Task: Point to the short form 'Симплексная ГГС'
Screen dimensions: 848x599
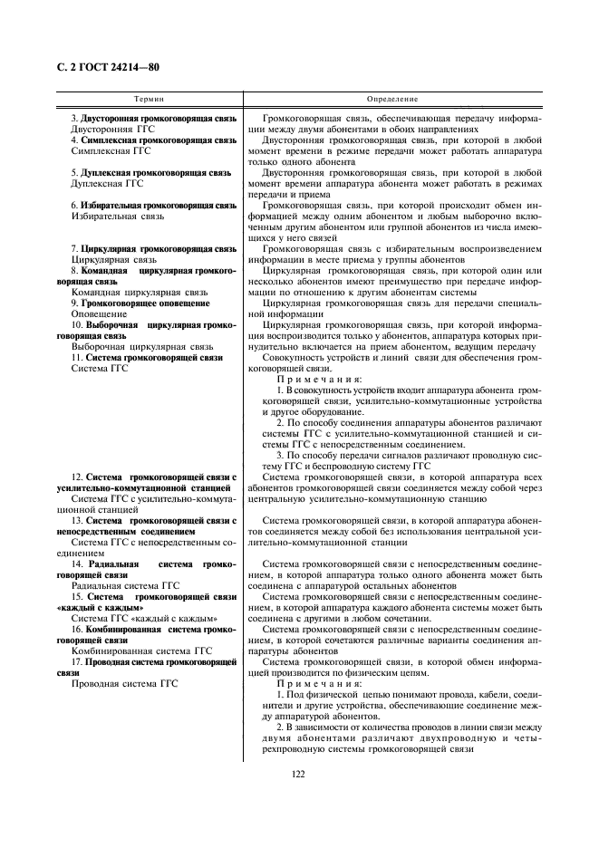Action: (x=108, y=151)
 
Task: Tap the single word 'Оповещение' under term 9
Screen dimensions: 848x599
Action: (x=100, y=313)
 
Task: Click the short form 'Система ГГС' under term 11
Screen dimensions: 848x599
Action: (x=93, y=368)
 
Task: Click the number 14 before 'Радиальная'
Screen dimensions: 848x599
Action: (x=77, y=564)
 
